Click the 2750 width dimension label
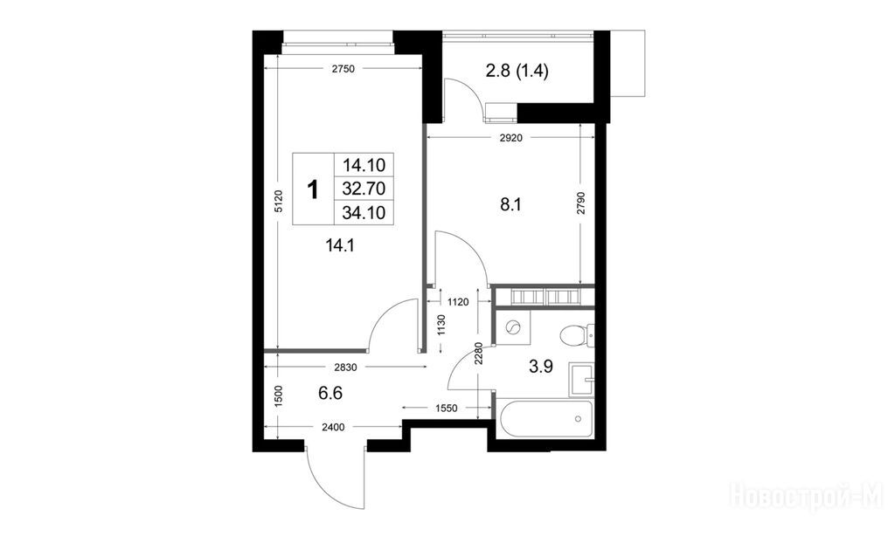(343, 69)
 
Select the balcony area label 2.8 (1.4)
(517, 72)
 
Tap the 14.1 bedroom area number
(340, 246)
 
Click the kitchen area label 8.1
(510, 204)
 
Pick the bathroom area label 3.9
(540, 367)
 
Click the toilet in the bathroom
(577, 335)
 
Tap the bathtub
(546, 419)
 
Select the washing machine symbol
(512, 328)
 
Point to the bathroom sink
(581, 379)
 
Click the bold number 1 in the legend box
(313, 189)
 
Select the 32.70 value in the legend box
(364, 189)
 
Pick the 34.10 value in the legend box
(364, 213)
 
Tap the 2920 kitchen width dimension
(510, 137)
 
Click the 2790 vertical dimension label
(580, 203)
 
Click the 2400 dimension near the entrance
(333, 427)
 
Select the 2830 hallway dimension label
(345, 368)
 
